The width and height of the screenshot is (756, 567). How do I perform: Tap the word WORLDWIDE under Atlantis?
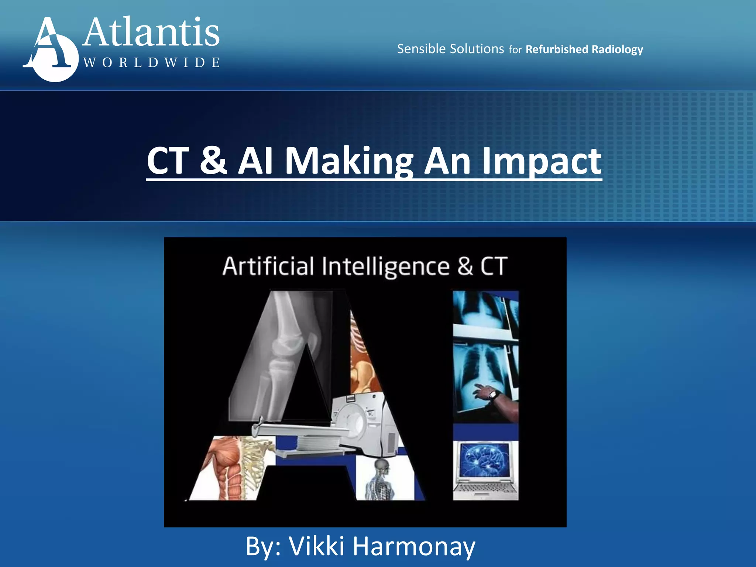point(151,62)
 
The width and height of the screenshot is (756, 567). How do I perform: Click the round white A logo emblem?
point(52,50)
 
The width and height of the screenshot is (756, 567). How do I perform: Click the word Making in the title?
point(349,161)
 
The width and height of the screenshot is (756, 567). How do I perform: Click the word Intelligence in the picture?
point(386,267)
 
